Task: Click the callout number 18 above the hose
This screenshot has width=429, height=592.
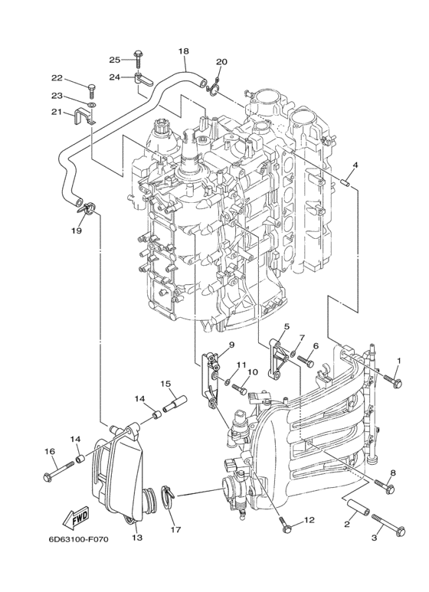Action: [183, 51]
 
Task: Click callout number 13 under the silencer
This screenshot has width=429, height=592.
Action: [138, 538]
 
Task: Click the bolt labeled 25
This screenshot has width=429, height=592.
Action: [139, 55]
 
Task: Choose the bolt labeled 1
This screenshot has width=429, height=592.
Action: [393, 378]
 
